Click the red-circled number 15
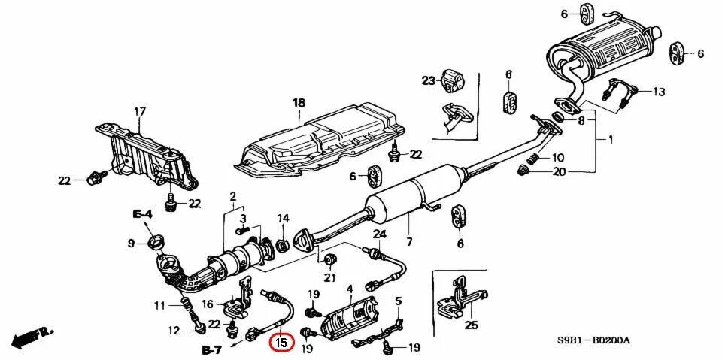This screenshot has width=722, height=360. (281, 342)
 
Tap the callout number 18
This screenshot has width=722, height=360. (299, 103)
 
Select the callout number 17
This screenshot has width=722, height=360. (139, 112)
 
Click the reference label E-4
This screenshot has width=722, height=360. (143, 214)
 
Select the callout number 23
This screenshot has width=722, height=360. (428, 80)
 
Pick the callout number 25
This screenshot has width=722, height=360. (471, 325)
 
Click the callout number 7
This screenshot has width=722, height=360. (409, 241)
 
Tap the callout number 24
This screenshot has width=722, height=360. (380, 234)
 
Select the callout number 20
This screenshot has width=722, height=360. (557, 171)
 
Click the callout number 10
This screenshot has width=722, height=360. (557, 158)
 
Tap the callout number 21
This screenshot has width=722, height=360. (329, 279)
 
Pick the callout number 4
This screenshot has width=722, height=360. (349, 288)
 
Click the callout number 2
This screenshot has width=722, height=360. (232, 197)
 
